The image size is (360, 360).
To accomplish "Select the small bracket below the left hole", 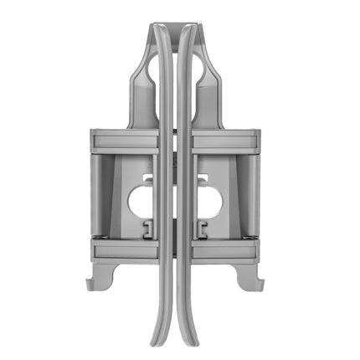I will click(146, 229).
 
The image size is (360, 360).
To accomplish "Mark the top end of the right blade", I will click(189, 29).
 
